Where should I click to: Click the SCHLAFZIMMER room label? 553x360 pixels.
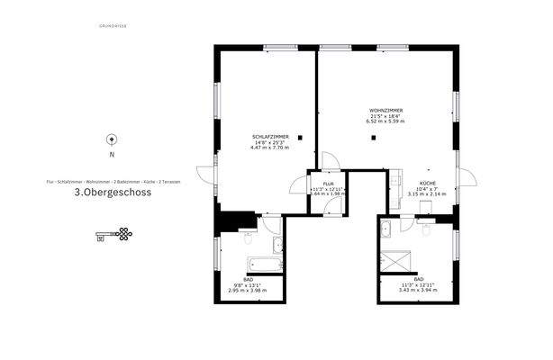click(269, 135)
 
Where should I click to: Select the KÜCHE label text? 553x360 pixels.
click(427, 183)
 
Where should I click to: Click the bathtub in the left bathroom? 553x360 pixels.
click(262, 266)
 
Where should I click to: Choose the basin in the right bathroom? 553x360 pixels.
click(385, 227)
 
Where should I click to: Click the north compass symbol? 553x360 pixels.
click(111, 139)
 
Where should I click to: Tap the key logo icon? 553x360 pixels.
click(113, 236)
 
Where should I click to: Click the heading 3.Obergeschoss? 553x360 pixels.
click(113, 193)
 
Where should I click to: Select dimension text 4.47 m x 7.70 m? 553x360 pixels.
click(269, 147)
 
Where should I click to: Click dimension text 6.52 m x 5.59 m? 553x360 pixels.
click(385, 121)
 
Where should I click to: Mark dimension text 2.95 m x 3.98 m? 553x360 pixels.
click(249, 291)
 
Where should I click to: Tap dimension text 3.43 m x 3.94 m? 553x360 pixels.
click(416, 291)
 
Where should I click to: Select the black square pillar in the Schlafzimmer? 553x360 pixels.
click(301, 138)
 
